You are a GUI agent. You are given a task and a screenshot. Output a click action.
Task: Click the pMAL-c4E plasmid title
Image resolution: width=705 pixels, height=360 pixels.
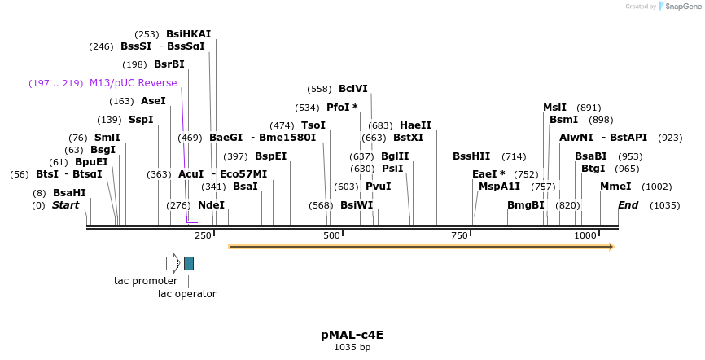352,334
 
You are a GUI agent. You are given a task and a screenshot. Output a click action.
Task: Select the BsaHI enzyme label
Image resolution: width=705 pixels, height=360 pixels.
69,193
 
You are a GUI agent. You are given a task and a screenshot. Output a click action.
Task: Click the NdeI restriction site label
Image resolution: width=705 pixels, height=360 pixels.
211,205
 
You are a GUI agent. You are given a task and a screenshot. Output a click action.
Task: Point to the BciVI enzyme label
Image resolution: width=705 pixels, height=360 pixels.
352,89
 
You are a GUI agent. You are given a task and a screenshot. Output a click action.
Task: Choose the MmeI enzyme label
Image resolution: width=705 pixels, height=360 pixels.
615,187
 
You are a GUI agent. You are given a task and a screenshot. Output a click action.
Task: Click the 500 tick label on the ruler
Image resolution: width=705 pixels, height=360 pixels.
331,235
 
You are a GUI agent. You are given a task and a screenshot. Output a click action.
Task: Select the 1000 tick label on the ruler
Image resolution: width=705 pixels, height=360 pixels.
585,235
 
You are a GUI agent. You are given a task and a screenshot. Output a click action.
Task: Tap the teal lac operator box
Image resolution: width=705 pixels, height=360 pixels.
189,263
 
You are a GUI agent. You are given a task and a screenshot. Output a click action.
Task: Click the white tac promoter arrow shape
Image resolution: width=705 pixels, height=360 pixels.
172,262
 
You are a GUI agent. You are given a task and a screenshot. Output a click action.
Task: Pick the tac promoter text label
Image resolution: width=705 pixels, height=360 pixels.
146,281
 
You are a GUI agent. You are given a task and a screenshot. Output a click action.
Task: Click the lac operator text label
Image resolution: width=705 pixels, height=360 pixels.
187,294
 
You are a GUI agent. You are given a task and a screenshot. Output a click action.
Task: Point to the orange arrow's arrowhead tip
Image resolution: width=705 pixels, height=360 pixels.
612,246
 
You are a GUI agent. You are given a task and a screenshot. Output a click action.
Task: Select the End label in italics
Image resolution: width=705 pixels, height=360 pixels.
628,205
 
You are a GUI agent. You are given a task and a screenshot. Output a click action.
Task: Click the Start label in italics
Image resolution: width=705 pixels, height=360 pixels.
66,205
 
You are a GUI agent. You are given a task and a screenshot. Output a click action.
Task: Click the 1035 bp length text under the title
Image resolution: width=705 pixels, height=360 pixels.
352,347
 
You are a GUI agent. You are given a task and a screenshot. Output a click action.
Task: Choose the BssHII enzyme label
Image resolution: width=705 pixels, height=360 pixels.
471,156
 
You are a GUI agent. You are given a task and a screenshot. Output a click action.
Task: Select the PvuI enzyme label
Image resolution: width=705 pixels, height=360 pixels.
378,187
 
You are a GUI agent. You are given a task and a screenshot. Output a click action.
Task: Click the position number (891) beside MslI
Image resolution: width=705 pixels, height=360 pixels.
589,108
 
